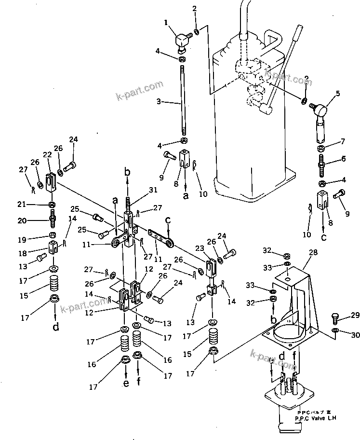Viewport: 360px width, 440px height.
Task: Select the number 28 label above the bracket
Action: (x=313, y=252)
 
